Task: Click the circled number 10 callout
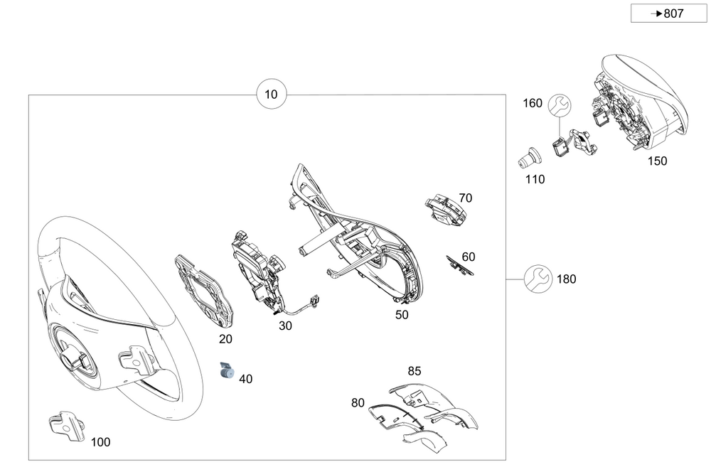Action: [272, 95]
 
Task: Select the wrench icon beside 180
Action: [537, 279]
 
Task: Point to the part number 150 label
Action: [657, 161]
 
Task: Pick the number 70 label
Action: [465, 198]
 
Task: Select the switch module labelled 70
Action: [445, 210]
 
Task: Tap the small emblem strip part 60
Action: [459, 264]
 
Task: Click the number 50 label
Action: [402, 314]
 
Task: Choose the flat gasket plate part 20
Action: [204, 291]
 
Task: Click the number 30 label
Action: [285, 326]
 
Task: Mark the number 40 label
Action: [246, 379]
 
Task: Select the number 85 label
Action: [415, 370]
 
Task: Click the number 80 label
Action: [358, 403]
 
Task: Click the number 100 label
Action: [100, 442]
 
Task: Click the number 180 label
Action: [566, 279]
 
